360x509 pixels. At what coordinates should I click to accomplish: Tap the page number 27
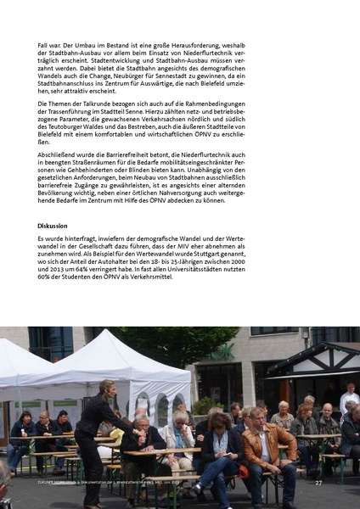tap(318, 482)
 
